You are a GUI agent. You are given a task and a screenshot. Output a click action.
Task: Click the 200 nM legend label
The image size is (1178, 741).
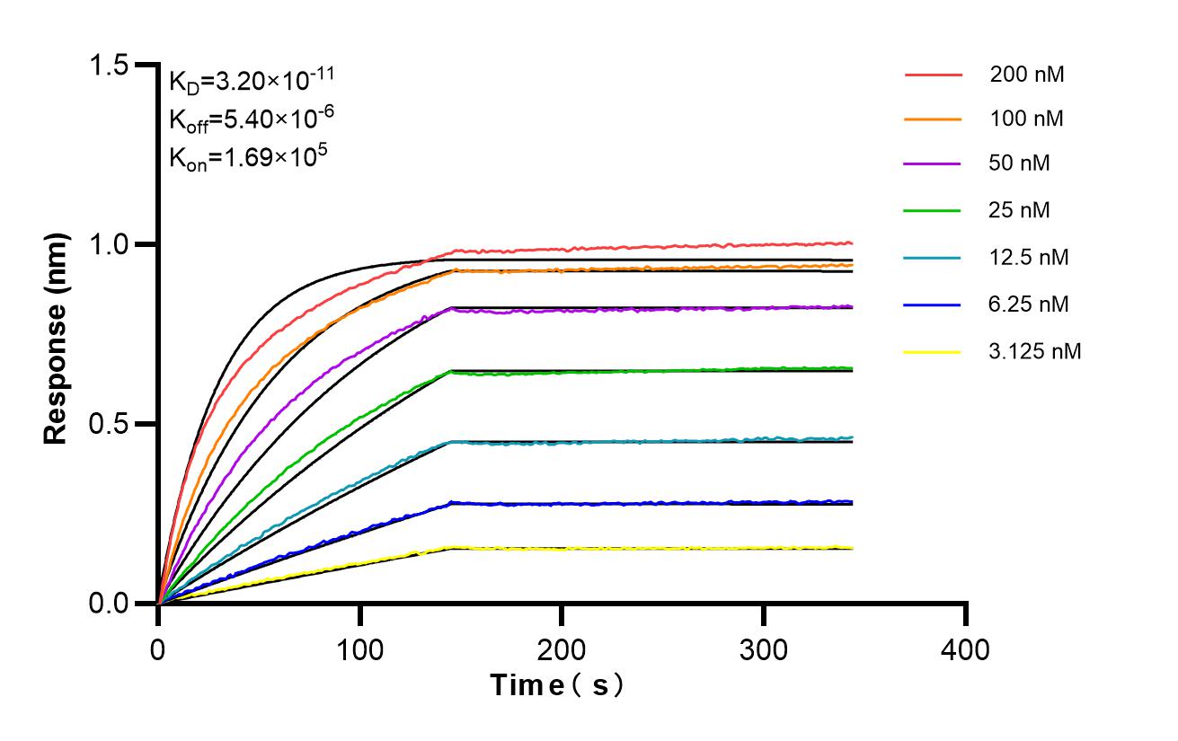[1027, 75]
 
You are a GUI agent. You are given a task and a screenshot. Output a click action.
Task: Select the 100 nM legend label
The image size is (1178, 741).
[1027, 119]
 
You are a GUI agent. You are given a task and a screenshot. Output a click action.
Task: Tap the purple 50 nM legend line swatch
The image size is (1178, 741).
[933, 164]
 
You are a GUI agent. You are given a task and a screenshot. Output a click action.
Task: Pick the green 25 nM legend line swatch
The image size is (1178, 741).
[933, 211]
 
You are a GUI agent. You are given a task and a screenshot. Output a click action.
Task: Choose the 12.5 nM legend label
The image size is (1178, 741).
[1029, 258]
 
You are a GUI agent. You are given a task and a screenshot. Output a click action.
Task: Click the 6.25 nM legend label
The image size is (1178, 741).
[1029, 304]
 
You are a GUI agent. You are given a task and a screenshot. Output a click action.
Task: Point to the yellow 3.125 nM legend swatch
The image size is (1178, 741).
[933, 351]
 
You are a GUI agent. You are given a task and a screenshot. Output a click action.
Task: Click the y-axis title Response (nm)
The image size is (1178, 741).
[57, 339]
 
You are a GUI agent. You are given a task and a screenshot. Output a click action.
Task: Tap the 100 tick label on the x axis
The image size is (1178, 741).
[360, 648]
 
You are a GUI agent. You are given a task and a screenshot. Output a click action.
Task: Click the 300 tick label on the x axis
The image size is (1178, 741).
[764, 648]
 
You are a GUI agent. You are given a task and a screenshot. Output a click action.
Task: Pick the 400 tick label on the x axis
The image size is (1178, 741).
[966, 648]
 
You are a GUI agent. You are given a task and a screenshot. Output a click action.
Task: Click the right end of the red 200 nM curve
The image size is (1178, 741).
[850, 243]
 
